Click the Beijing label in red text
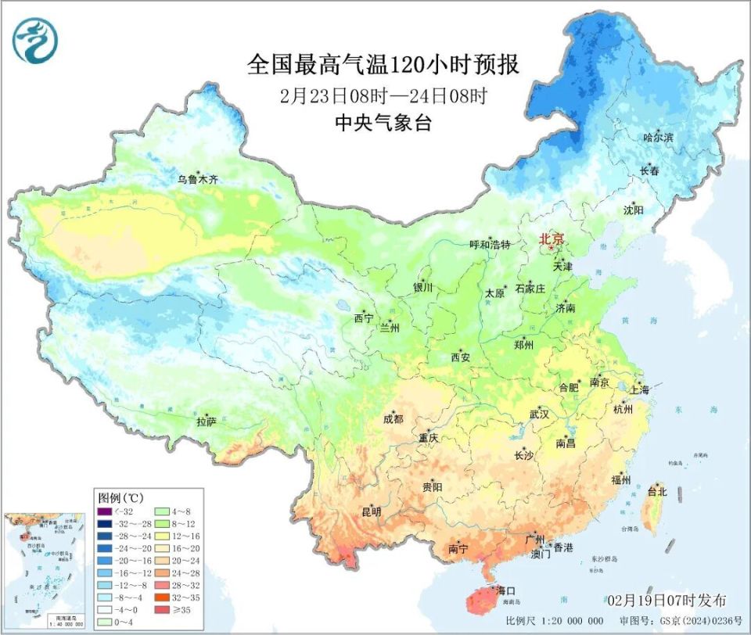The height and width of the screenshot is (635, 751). (552, 240)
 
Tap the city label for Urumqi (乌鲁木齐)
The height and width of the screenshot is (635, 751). (197, 179)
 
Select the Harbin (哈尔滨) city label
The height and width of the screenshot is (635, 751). (658, 138)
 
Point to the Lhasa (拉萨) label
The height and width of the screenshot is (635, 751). (206, 422)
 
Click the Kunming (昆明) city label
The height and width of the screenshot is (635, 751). (371, 512)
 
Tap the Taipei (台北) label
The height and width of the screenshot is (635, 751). (656, 492)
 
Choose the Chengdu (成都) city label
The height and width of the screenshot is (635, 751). (393, 419)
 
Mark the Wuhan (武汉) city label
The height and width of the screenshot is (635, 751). (540, 413)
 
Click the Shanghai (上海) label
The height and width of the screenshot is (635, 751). (638, 389)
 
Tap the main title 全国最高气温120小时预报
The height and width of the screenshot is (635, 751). (383, 63)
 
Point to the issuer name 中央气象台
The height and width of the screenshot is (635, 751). (383, 123)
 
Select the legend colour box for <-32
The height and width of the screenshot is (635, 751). (104, 511)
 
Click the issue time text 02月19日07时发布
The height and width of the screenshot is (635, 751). (667, 600)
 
